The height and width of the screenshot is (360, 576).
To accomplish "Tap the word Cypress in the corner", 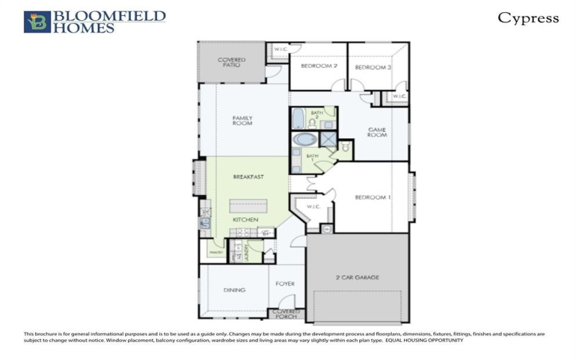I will point(528,19).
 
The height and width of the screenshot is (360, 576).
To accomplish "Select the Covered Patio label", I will point(231,62).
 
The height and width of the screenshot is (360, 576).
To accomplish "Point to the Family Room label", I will point(242,120).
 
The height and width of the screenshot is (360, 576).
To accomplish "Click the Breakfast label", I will point(248,176).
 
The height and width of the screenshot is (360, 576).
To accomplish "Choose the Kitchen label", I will point(245,219).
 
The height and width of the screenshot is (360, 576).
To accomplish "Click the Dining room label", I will point(234,290).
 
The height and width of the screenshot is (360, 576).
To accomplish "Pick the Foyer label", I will point(285,284).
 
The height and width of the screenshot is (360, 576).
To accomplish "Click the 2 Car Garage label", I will point(358,277).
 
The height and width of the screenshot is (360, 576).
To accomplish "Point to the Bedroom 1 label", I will point(373,197).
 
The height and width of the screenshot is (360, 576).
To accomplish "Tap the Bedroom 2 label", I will point(319,66).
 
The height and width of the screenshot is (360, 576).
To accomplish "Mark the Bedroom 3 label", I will point(373,67).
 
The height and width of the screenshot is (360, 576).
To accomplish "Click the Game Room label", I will point(377,132).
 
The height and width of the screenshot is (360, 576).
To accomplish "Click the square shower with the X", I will point(328,139).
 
